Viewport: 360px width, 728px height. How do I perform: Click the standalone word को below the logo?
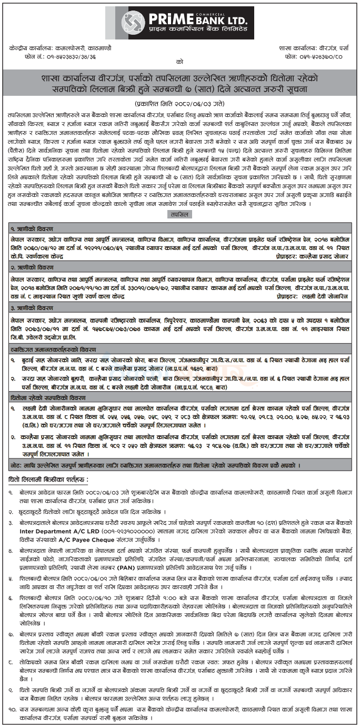click(x=180, y=61)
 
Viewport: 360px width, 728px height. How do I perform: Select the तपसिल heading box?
click(x=180, y=214)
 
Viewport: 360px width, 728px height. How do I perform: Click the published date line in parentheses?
click(x=180, y=99)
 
